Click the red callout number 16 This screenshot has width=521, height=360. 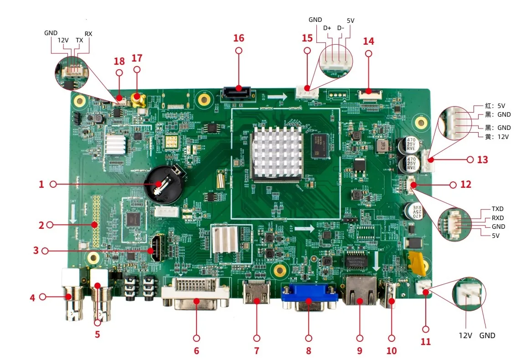click(239, 38)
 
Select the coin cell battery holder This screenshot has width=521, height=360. click(163, 184)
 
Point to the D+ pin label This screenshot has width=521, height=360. click(327, 28)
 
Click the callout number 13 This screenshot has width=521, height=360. click(482, 159)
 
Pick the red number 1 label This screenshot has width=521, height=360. click(41, 184)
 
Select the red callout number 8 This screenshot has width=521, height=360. click(309, 351)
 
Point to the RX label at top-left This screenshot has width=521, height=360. click(88, 34)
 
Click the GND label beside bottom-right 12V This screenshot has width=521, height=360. click(487, 335)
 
